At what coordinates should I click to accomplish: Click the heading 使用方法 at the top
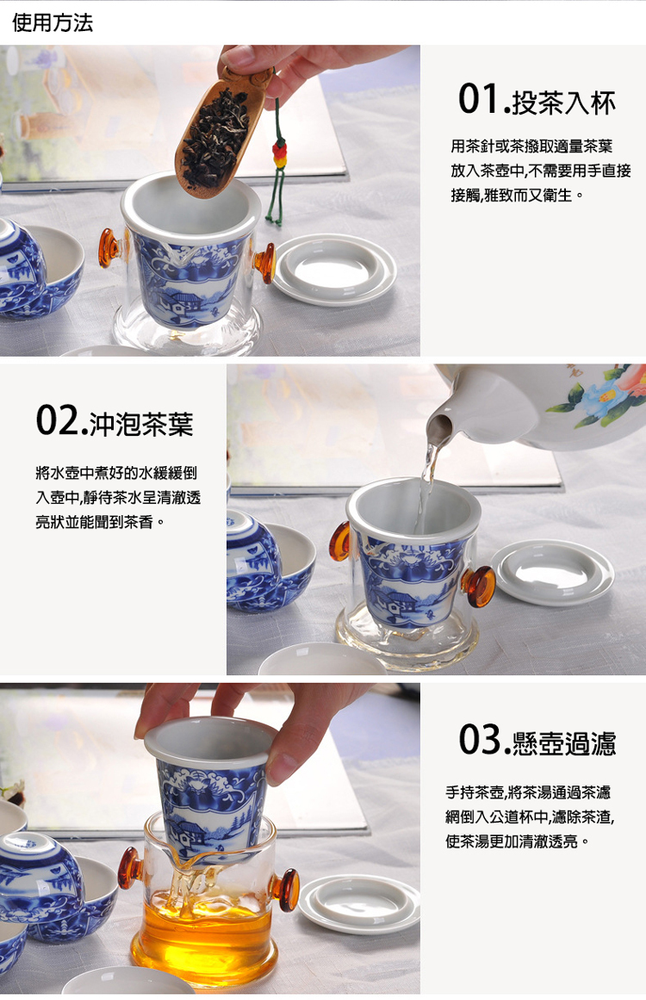(x=53, y=22)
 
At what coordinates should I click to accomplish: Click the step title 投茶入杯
(x=564, y=102)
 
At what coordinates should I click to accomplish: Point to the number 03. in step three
(x=482, y=740)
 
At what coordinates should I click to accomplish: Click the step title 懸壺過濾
(x=564, y=742)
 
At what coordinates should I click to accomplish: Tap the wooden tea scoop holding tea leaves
(x=215, y=129)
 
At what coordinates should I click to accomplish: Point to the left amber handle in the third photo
(x=130, y=867)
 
